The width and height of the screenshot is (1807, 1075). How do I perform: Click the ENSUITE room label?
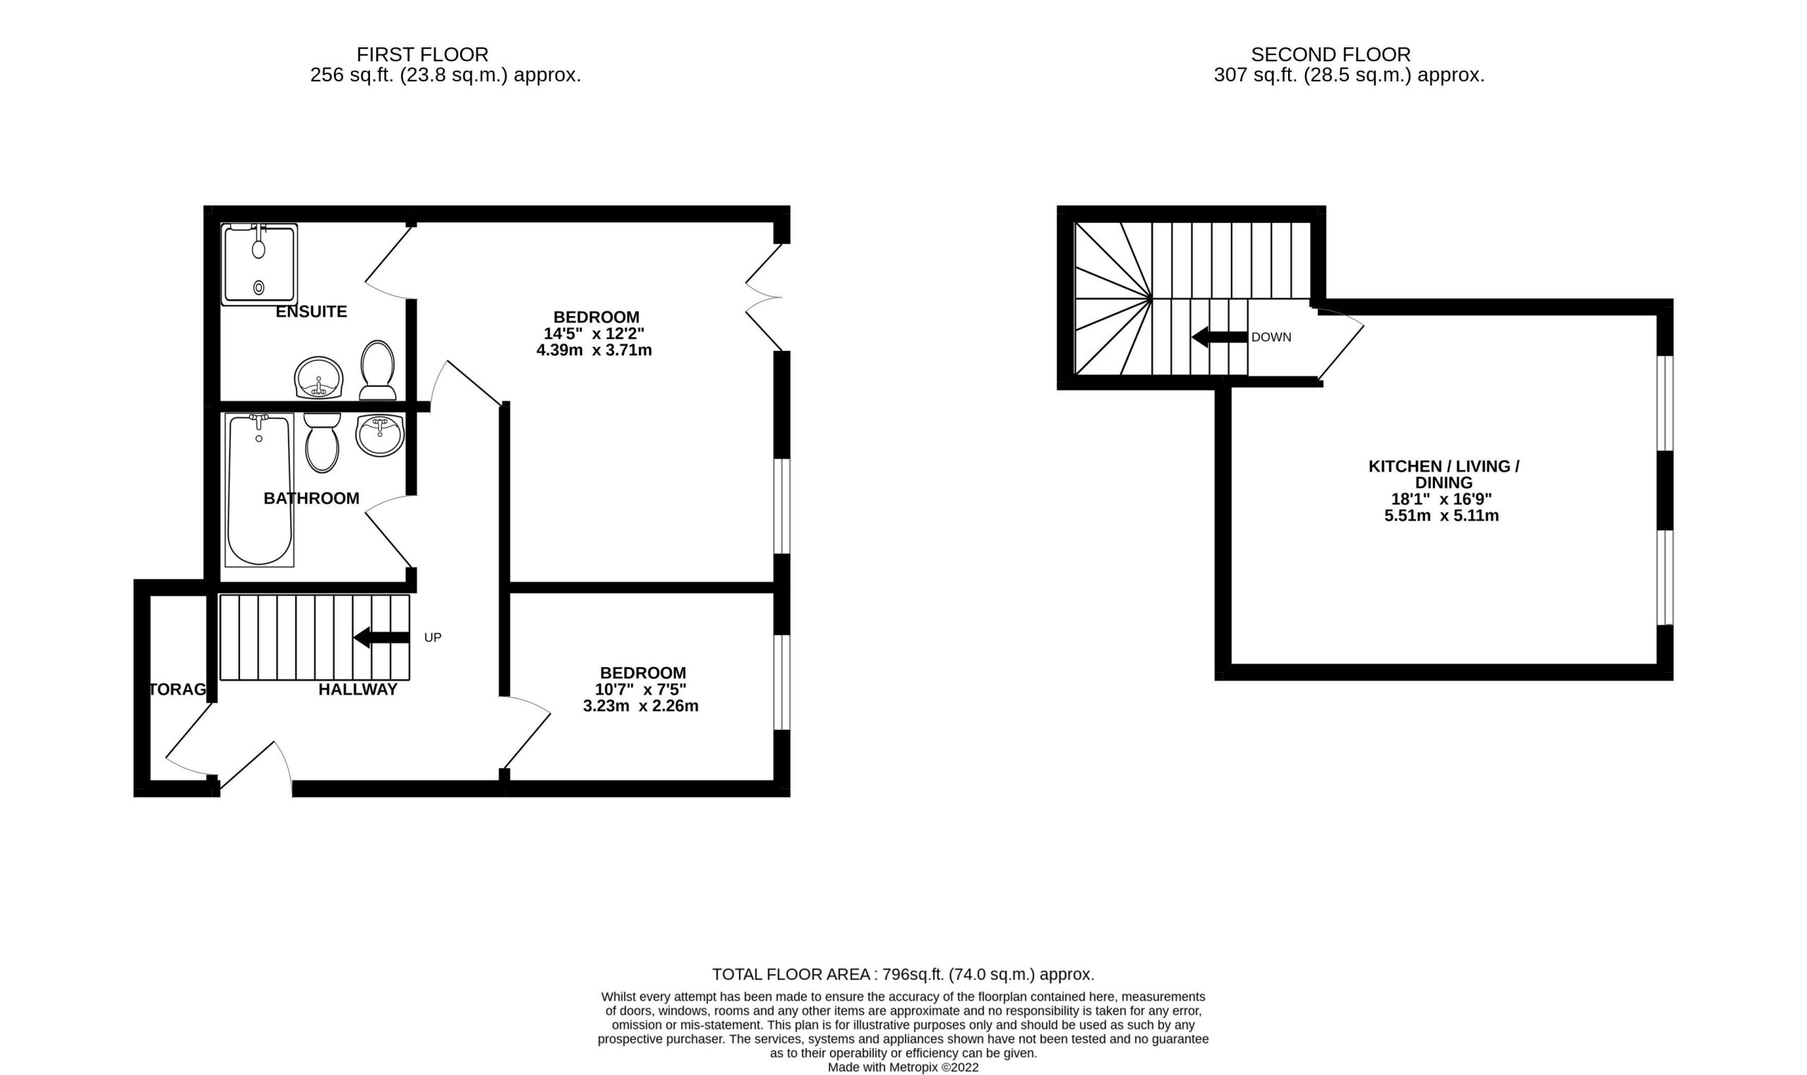311,311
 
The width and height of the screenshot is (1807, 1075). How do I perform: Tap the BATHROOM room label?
311,498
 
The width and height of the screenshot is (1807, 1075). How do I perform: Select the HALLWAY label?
358,690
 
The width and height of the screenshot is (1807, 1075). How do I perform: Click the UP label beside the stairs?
433,637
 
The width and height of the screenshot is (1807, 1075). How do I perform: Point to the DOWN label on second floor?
1271,337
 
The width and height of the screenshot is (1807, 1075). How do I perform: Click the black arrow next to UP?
382,637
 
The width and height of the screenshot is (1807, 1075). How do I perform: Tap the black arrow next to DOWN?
1220,337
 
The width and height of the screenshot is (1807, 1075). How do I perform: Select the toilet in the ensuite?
378,370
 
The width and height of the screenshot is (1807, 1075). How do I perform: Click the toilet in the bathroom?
323,443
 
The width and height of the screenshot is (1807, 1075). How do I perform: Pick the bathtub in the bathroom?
259,490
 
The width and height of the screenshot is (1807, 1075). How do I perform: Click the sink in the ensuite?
318,378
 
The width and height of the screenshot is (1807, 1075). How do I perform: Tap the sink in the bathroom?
380,436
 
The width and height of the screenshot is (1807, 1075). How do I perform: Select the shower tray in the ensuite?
259,265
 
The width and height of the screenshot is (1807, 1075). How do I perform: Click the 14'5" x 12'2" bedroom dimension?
594,334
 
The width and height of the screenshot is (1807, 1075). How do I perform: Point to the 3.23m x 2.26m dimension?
641,706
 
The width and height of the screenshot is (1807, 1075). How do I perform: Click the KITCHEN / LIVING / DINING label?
1444,474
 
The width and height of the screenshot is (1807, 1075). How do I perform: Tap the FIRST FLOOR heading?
422,54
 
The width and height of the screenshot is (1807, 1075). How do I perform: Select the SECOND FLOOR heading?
1331,54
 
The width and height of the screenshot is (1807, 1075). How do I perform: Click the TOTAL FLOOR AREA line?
903,974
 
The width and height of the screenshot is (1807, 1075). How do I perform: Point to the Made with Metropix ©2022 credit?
903,1068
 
